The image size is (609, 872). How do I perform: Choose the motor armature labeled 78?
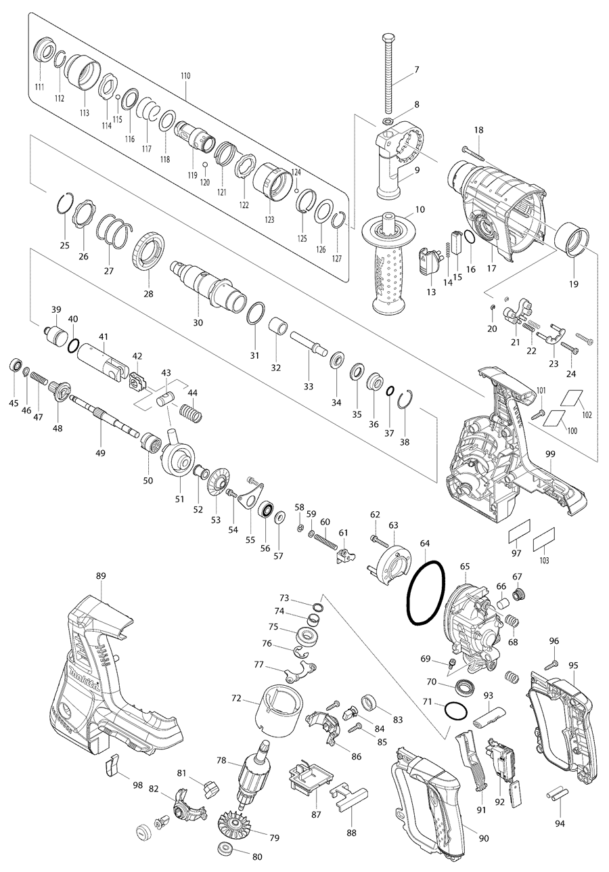[x=254, y=775]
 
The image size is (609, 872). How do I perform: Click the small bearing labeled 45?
[x=13, y=366]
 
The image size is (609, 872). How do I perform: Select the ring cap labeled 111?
[x=45, y=52]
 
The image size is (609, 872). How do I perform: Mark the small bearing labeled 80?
[x=222, y=849]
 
